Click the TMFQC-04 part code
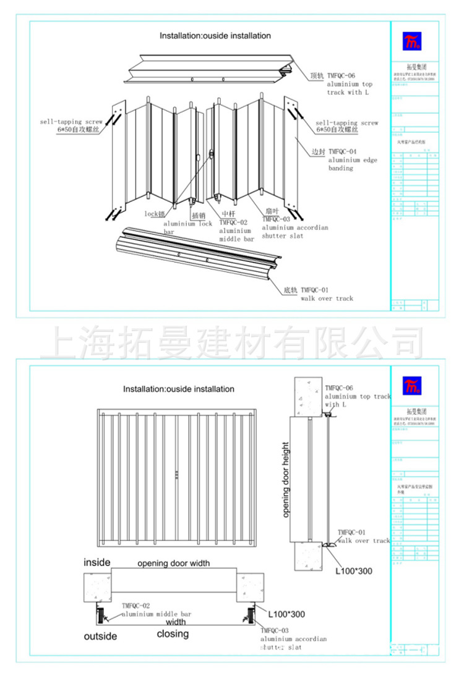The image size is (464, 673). pos(342,151)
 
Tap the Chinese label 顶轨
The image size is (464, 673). pos(317,76)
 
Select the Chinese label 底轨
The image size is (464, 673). pos(291,290)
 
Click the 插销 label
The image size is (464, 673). pos(198,216)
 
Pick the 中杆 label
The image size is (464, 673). pos(228,214)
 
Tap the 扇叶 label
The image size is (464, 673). pos(273,211)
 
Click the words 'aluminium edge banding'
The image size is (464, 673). pos(353,164)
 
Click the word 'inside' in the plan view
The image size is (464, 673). pos(97,562)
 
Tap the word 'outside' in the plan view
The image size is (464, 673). pos(100,636)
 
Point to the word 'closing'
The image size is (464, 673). pos(173,633)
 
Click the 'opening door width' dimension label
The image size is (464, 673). pos(173,563)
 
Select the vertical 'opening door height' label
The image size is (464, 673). pos(286,480)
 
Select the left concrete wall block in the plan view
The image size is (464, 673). pos(97,586)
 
